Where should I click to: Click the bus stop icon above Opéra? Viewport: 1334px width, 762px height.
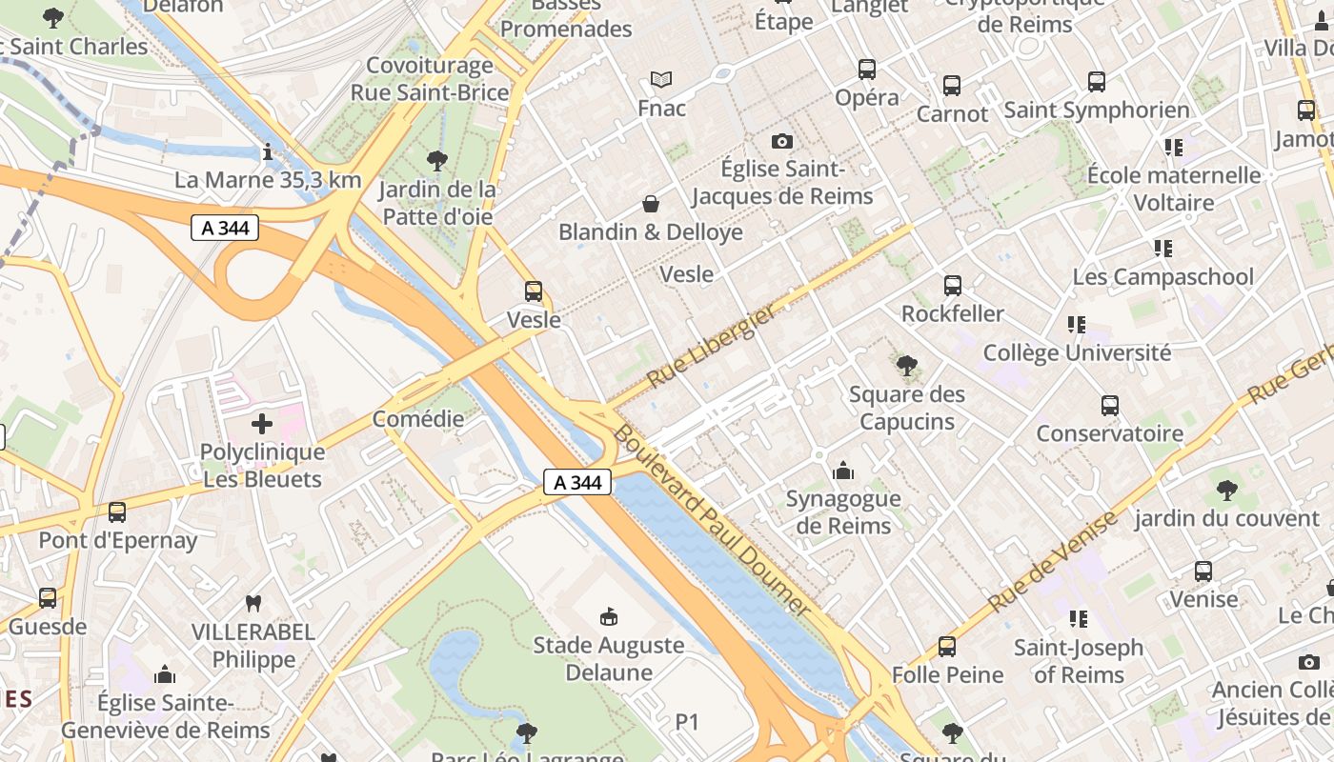point(866,69)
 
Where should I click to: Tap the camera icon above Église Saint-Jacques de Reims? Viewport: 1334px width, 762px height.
point(782,142)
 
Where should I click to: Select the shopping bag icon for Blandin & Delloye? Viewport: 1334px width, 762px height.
point(651,204)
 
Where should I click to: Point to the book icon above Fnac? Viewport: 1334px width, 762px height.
point(661,80)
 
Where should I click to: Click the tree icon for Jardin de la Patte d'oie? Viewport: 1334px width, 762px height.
point(437,160)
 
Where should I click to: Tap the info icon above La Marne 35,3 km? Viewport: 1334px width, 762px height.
point(268,151)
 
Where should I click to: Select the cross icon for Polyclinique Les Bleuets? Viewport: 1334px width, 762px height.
point(262,424)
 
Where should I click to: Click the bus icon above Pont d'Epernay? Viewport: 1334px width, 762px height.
point(117,512)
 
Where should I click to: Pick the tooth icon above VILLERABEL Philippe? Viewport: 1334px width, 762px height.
point(253,603)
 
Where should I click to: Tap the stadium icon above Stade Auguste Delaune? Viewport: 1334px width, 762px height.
point(608,617)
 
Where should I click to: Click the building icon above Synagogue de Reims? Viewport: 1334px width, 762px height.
point(842,471)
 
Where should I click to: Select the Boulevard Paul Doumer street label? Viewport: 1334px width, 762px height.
point(711,521)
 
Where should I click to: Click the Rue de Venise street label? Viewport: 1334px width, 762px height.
point(1052,562)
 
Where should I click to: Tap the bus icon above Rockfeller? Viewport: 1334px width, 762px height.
point(952,286)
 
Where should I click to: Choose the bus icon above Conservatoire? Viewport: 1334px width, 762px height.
point(1110,406)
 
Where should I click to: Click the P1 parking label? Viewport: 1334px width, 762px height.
point(687,723)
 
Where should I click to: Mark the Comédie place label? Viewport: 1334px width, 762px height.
point(417,419)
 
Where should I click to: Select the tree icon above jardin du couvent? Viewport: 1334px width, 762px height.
point(1226,491)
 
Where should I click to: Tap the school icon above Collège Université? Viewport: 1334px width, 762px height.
point(1077,325)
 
